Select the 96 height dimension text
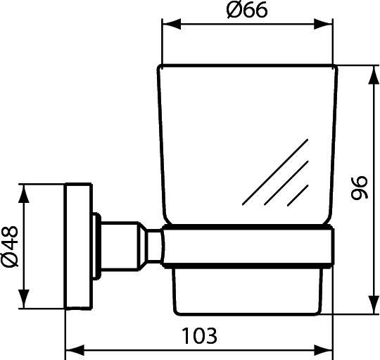tap(360, 190)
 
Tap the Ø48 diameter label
tap(12, 247)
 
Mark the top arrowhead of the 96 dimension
tap(370, 71)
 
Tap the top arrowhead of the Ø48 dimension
tap(27, 192)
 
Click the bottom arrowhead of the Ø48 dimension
tap(27, 301)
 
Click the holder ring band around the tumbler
tap(246, 246)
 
